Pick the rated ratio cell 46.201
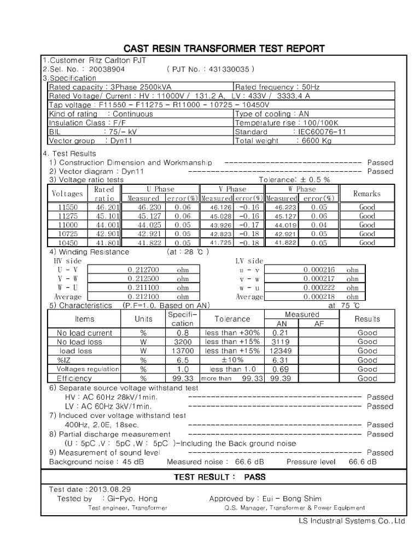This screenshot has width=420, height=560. pyautogui.click(x=103, y=207)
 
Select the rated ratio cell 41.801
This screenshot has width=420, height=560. pyautogui.click(x=103, y=243)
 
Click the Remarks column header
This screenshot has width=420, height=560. pyautogui.click(x=367, y=194)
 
